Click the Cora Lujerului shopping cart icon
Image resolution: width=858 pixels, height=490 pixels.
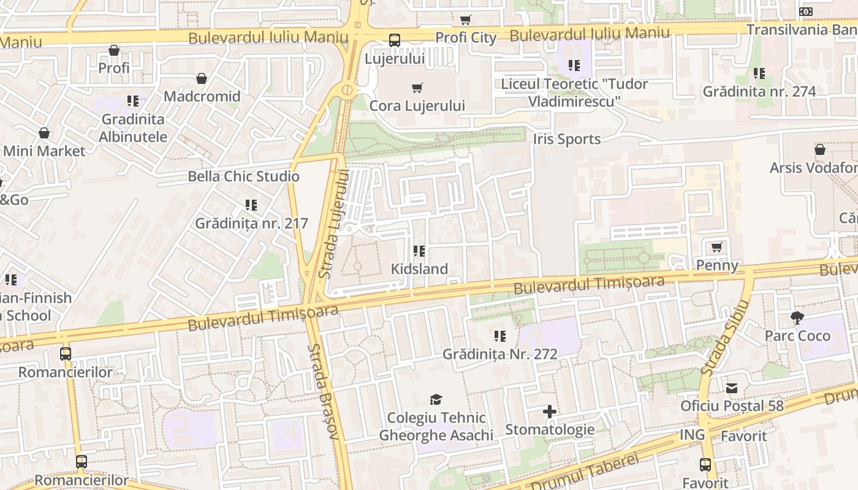[x=417, y=88]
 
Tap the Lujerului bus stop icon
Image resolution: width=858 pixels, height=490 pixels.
[x=395, y=41]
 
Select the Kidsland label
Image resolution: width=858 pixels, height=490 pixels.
[x=419, y=269]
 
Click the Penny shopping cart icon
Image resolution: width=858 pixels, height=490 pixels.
[x=716, y=247]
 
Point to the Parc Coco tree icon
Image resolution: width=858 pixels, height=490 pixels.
[x=797, y=318]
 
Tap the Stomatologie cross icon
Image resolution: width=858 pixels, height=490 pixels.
[x=550, y=412]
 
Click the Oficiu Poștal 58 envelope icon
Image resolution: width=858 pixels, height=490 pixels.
[x=732, y=388]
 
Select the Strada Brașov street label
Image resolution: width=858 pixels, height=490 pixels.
[x=323, y=391]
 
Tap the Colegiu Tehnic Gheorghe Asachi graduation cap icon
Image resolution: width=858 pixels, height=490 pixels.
[x=436, y=400]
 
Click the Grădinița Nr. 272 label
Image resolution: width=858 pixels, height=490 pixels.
[x=500, y=354]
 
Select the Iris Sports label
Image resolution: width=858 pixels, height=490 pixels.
[x=567, y=139]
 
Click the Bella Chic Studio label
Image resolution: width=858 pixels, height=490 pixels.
[x=243, y=176]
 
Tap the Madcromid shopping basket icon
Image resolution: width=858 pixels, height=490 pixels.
[x=202, y=78]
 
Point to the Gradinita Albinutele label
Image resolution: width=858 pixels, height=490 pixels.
[x=133, y=128]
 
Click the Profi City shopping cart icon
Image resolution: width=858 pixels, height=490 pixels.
[x=466, y=20]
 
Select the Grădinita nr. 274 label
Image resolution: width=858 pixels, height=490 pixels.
[x=759, y=92]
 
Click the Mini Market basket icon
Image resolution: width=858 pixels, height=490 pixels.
[x=44, y=133]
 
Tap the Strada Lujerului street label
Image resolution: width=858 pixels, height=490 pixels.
[x=333, y=224]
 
